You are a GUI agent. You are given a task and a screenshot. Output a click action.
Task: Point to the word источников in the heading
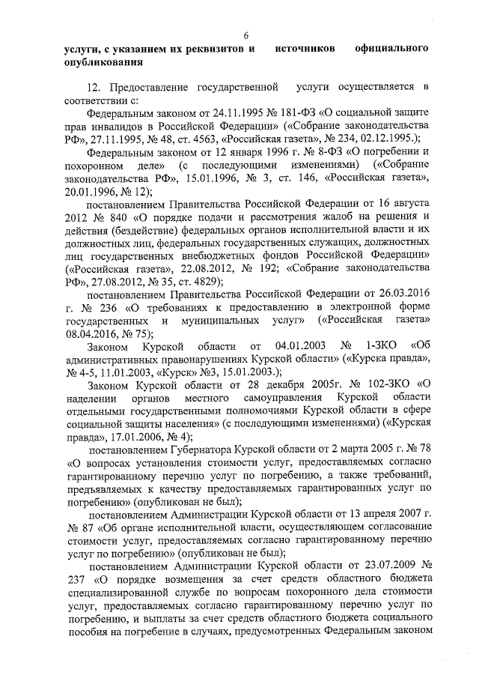(x=305, y=49)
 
